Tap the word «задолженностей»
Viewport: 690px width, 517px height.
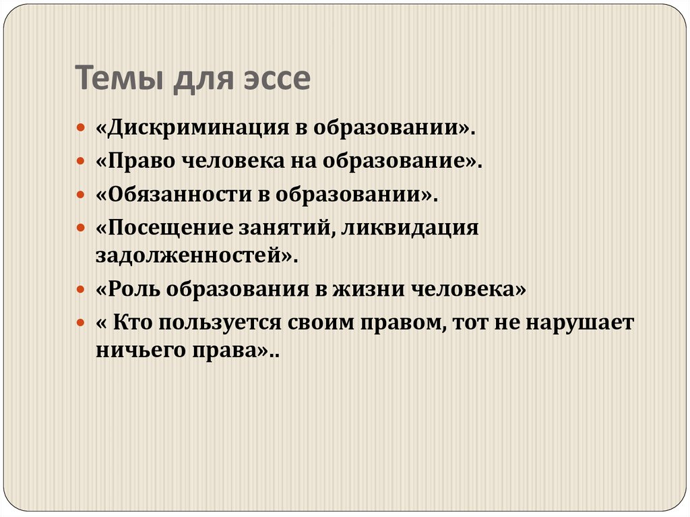187,256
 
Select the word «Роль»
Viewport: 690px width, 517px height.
131,290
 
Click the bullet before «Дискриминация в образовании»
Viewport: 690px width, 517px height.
80,128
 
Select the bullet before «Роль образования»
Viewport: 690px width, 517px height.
80,290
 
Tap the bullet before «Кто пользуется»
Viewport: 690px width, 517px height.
80,324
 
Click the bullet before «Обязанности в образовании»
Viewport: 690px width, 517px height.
80,195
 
